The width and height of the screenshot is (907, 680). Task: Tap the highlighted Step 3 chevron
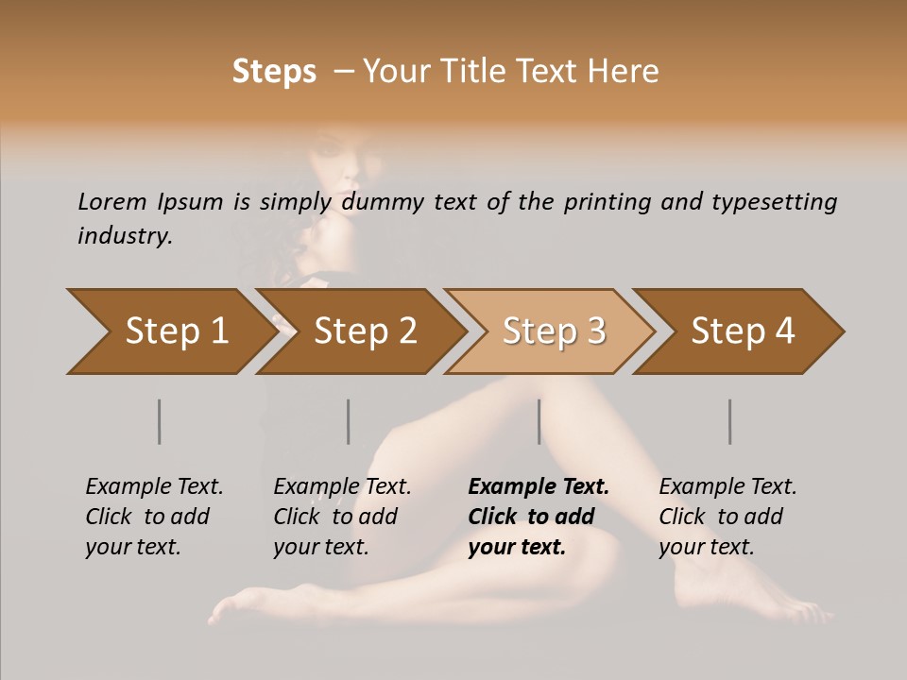552,331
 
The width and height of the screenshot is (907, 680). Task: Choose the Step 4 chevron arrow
741,331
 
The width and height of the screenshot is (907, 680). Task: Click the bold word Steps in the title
274,72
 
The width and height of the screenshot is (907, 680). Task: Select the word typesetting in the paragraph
779,202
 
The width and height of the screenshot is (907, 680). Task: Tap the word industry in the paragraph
124,236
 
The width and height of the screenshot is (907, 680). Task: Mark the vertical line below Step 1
160,421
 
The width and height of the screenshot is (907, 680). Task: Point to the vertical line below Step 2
349,421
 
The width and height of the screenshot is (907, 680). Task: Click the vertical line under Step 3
539,421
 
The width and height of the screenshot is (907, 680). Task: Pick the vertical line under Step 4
730,421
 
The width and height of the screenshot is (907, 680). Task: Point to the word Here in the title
628,72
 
